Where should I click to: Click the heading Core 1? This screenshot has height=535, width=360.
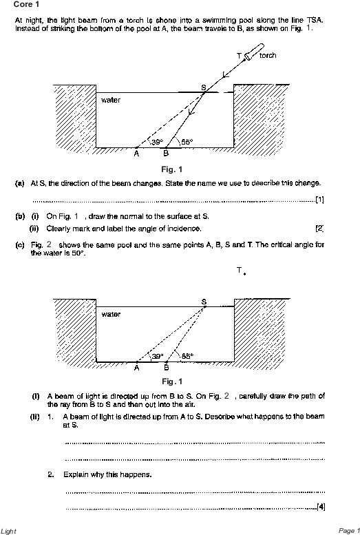(26, 4)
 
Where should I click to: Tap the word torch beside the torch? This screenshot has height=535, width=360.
(268, 55)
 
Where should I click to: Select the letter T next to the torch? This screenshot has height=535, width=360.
(240, 55)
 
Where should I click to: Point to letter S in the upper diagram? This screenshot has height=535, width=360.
(203, 87)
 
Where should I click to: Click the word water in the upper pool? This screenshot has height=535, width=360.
(111, 100)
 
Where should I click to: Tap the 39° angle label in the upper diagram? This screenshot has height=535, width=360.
(157, 142)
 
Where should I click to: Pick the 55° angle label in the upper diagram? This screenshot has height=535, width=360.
(187, 142)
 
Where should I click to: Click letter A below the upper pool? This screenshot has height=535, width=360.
(136, 154)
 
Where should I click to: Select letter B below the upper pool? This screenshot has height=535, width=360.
(166, 154)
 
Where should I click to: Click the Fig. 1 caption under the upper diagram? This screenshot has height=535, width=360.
(172, 169)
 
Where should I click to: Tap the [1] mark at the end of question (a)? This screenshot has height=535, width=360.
(320, 200)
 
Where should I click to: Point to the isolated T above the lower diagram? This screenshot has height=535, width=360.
(240, 270)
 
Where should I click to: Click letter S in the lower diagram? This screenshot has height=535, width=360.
(204, 302)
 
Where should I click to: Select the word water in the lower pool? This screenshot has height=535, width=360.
(111, 314)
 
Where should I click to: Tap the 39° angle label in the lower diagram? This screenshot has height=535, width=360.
(158, 356)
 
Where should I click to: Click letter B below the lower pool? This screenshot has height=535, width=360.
(166, 368)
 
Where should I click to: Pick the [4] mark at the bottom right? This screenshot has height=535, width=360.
(321, 507)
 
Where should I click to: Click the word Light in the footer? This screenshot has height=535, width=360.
(8, 531)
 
